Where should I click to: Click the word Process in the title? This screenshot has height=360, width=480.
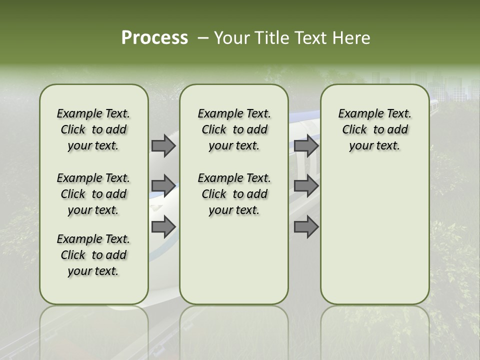(x=154, y=37)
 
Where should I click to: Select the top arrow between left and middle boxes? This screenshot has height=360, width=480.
(x=163, y=145)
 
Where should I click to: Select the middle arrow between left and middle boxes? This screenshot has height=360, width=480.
(x=163, y=186)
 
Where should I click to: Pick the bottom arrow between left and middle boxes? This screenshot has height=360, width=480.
(x=163, y=226)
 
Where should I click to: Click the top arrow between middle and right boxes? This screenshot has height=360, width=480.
(x=306, y=145)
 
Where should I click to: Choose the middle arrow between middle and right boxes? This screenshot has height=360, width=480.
(x=306, y=186)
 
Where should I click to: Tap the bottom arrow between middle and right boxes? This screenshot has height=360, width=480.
(x=306, y=226)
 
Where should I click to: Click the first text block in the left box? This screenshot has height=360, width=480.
(x=93, y=129)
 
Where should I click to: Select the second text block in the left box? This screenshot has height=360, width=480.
(x=93, y=194)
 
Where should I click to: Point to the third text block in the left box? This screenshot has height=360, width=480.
(x=93, y=255)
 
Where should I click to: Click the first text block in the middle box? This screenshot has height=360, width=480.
(x=234, y=129)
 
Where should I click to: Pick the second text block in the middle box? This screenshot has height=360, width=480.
(x=234, y=194)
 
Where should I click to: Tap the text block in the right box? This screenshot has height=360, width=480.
(x=374, y=129)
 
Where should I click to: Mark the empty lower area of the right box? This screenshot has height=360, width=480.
(x=374, y=240)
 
